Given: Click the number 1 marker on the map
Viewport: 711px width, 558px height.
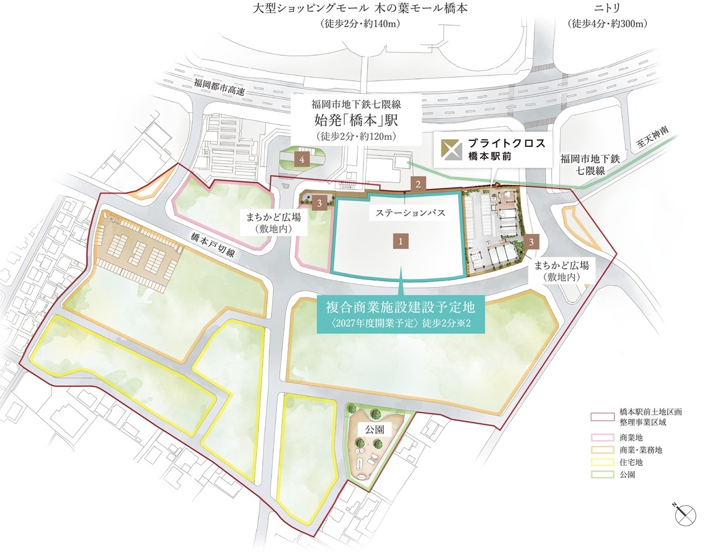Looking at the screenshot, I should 400,241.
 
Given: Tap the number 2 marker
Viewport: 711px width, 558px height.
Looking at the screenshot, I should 418,183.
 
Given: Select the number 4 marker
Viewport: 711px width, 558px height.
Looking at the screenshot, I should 302,159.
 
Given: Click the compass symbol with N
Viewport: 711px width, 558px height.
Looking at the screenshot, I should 685,514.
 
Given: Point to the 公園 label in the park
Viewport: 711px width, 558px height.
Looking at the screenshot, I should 375,429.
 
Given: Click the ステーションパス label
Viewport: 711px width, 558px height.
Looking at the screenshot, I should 410,212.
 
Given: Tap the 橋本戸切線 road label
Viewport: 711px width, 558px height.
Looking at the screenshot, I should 212,244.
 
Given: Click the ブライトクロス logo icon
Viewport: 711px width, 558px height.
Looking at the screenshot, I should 451,148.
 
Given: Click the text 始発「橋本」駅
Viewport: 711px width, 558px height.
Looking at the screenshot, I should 355,120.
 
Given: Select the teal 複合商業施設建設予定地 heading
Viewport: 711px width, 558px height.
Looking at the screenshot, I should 400,306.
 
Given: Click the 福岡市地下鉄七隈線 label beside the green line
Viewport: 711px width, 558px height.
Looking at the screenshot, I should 590,164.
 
